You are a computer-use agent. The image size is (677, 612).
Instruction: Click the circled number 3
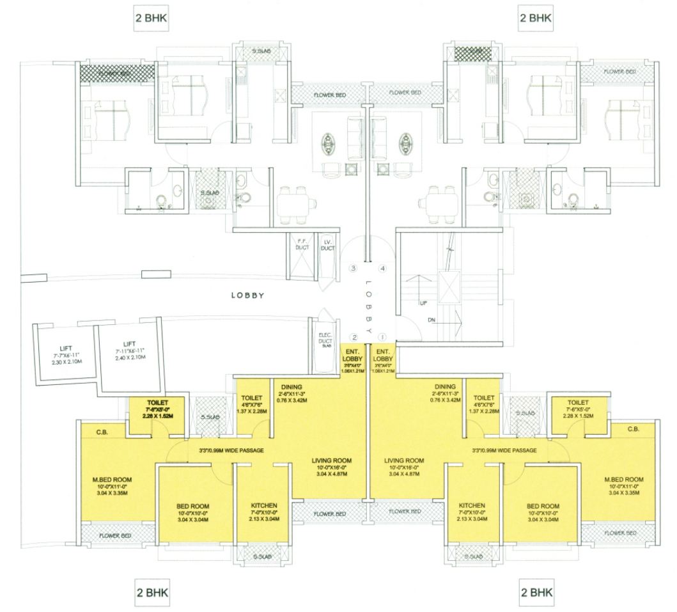(352, 269)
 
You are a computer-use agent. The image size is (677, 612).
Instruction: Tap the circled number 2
(352, 337)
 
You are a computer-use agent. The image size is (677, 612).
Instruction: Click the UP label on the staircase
(422, 303)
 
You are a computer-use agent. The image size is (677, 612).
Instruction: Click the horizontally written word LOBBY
(248, 296)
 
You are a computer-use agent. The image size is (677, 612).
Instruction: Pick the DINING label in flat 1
(444, 387)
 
